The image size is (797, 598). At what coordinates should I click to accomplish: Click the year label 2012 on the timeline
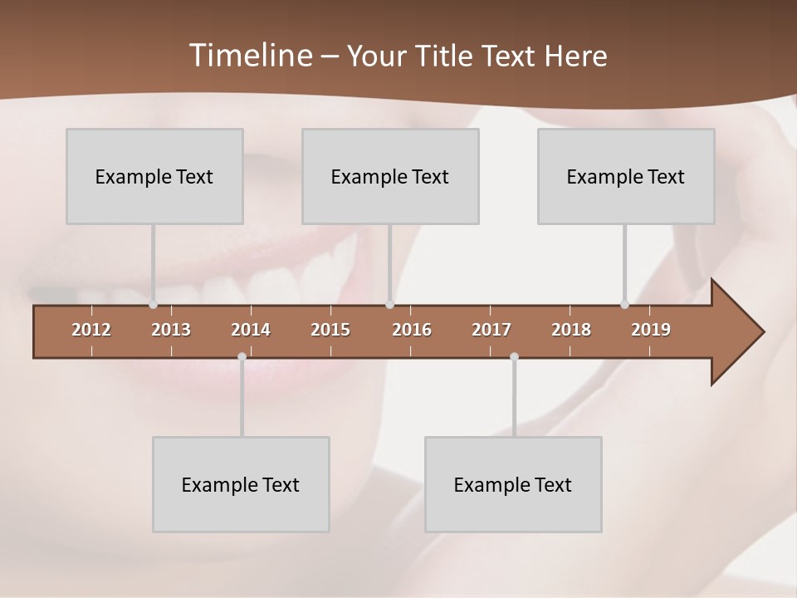(91, 330)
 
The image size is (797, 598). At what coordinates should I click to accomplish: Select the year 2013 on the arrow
(171, 330)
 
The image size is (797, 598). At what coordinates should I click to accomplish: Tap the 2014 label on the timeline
(251, 330)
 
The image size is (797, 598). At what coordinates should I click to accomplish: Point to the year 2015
(330, 330)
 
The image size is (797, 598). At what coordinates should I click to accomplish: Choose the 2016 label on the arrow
(412, 330)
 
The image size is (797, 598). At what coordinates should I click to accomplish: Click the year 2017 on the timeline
(491, 330)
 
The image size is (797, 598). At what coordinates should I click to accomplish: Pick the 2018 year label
(571, 330)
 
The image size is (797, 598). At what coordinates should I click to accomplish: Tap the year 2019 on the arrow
(651, 330)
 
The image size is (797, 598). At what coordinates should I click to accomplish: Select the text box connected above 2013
(154, 176)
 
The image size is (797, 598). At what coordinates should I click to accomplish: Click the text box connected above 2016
(390, 176)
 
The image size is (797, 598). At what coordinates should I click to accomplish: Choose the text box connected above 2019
(626, 176)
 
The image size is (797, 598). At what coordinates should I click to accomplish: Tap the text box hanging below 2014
(241, 484)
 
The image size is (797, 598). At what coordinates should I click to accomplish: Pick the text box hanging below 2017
(513, 484)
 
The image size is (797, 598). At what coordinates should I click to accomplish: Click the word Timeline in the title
(249, 55)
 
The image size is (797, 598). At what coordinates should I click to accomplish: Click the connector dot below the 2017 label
(514, 357)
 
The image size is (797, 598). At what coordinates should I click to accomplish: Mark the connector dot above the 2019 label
(624, 305)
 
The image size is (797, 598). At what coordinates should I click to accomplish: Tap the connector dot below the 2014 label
(242, 357)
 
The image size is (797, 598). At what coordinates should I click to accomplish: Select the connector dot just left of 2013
(153, 305)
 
